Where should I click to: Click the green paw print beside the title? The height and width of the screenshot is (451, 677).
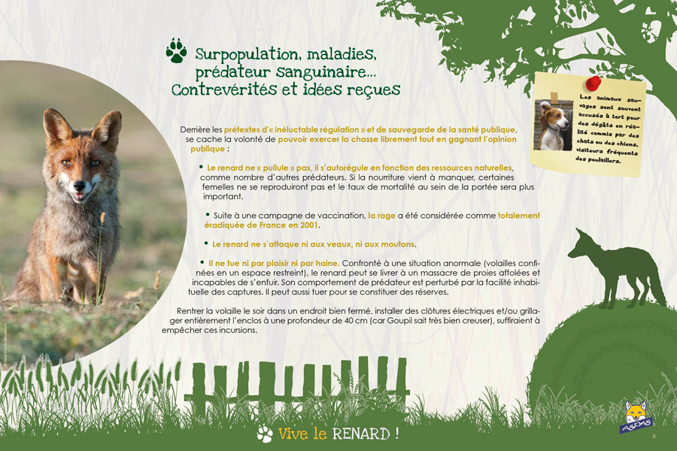point(176,50)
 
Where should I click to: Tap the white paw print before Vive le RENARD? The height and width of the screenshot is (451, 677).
point(265,434)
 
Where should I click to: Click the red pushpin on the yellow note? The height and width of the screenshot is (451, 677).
point(593,83)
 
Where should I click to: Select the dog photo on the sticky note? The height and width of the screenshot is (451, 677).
point(553,126)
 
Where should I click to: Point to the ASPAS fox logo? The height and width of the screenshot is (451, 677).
point(636,417)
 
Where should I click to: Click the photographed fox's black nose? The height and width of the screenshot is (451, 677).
point(79,186)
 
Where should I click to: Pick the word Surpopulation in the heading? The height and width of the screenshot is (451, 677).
point(246,55)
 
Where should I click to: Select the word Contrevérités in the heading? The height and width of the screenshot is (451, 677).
point(223,89)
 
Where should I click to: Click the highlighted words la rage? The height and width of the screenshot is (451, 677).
point(381,216)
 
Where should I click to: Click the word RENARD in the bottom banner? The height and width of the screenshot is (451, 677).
point(360,434)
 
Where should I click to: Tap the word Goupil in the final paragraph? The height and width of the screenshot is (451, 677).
point(400,320)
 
